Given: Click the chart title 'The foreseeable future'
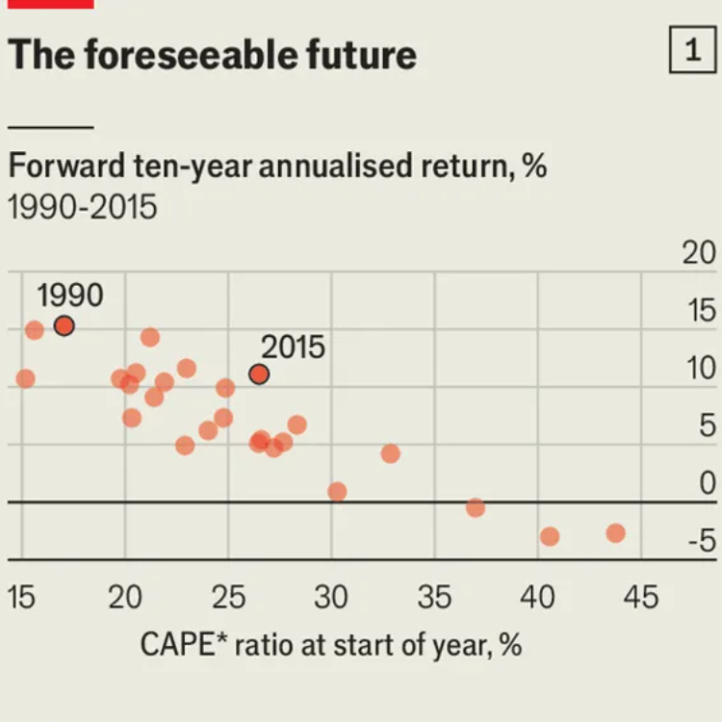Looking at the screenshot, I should coord(212,56).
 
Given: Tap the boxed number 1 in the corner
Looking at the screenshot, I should coord(693,51).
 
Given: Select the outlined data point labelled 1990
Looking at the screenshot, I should coord(64,325).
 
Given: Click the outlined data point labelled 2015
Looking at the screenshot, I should coord(259,374).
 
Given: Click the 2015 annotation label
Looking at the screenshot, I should coord(293,347).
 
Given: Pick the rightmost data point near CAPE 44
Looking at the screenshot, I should coord(616,533).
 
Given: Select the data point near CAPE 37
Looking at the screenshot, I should coord(476,507).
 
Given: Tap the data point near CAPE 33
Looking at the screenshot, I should coord(390,453).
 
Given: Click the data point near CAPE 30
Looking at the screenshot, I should coord(337,492).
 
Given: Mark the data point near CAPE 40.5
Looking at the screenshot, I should coord(550,536).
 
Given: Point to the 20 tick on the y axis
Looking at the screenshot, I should coord(699,253).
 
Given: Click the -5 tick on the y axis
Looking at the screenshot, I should coord(701,542).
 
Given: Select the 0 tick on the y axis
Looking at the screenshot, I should coord(708,484).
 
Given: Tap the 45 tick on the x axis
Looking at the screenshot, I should coord(640,598).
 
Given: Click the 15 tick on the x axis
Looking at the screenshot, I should coord(21,598).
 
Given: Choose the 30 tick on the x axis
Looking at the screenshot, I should coord(330,598).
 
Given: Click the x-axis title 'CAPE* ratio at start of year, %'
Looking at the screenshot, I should coord(331,644).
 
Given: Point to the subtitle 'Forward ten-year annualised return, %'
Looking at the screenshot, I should coord(277,166).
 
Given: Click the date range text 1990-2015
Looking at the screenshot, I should coord(83,207).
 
